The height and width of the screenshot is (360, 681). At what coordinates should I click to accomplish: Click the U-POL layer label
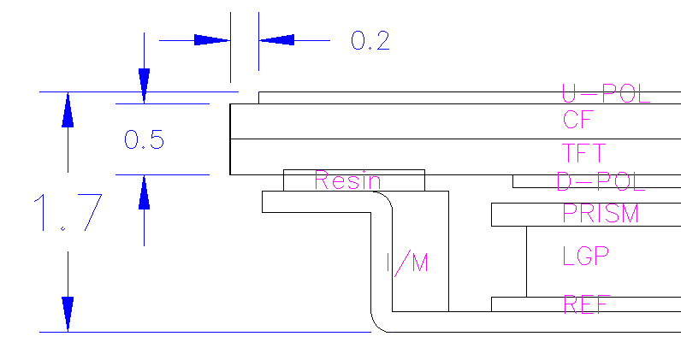click(x=606, y=93)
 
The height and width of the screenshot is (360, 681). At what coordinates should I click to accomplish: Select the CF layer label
click(x=578, y=120)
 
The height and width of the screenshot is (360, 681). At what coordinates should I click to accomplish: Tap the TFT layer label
click(x=583, y=153)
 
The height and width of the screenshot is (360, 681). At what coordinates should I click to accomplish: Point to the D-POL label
click(x=601, y=181)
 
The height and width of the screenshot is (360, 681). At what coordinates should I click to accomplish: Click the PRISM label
click(x=601, y=213)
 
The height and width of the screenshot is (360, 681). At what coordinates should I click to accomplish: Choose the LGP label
click(x=585, y=256)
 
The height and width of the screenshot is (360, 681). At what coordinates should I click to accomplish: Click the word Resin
click(x=347, y=180)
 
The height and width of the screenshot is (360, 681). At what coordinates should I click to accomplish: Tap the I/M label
click(x=407, y=263)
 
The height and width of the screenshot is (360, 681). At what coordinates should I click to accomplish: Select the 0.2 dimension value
click(x=370, y=41)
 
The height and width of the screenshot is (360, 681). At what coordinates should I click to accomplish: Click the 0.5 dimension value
click(x=145, y=140)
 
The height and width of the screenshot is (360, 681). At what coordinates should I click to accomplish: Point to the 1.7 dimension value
click(x=68, y=212)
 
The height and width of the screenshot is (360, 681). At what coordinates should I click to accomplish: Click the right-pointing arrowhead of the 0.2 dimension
click(x=212, y=40)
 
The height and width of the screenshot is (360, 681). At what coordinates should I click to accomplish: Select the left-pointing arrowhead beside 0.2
click(x=276, y=40)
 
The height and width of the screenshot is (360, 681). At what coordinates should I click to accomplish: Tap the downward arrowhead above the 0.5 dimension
click(x=145, y=86)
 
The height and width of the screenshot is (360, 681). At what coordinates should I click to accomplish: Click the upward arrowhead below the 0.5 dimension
click(x=145, y=192)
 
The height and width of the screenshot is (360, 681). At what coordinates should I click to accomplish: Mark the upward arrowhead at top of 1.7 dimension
click(x=68, y=109)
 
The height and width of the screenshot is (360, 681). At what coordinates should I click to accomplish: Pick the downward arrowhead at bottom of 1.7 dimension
click(x=68, y=315)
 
